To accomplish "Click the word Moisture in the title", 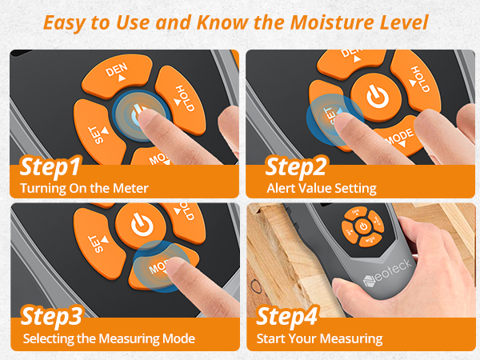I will coord(311,22).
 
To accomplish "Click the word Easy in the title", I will coord(67,22).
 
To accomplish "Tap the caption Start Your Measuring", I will coord(319,338).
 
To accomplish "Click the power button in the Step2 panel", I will coord(375,96).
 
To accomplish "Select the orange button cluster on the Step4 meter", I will coord(361,226).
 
